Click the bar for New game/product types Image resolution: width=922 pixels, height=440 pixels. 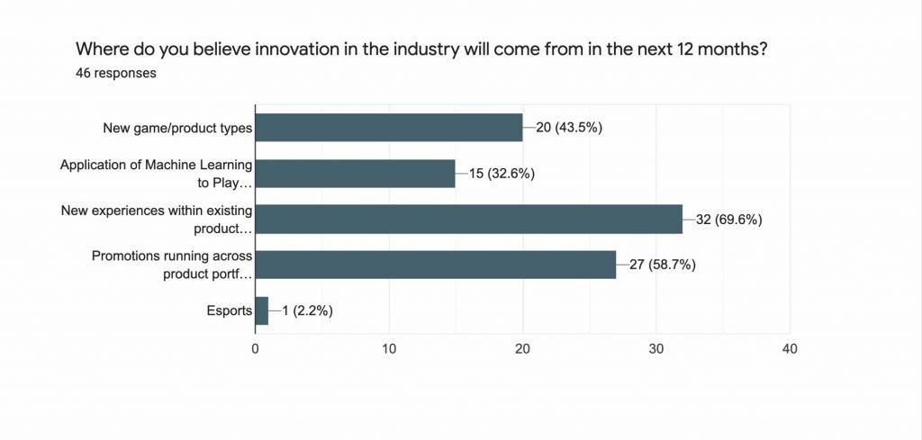pyautogui.click(x=389, y=128)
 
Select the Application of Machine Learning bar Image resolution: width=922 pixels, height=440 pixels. pyautogui.click(x=356, y=174)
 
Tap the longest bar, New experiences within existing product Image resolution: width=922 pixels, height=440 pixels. pyautogui.click(x=469, y=219)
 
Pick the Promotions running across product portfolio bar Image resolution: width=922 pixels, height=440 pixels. pyautogui.click(x=436, y=265)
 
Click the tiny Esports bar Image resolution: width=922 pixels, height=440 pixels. pyautogui.click(x=262, y=310)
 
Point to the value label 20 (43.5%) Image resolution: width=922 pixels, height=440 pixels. pyautogui.click(x=568, y=128)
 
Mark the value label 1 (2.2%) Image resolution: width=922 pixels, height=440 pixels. pyautogui.click(x=309, y=310)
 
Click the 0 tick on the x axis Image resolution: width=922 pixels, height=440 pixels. pyautogui.click(x=256, y=347)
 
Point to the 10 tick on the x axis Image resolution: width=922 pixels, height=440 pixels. pyautogui.click(x=389, y=347)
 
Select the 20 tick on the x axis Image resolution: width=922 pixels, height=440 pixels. pyautogui.click(x=522, y=347)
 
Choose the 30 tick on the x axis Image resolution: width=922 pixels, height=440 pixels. pyautogui.click(x=656, y=347)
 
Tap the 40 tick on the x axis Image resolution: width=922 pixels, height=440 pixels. pyautogui.click(x=790, y=347)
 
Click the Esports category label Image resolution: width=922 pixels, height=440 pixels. pyautogui.click(x=229, y=310)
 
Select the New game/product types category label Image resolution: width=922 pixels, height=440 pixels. pyautogui.click(x=177, y=128)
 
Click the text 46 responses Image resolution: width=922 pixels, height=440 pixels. pyautogui.click(x=116, y=73)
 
